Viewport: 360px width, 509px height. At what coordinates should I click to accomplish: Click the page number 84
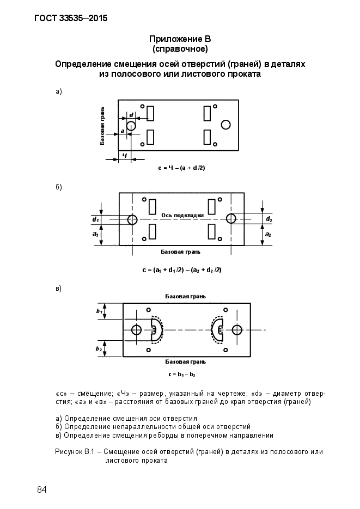[42, 489]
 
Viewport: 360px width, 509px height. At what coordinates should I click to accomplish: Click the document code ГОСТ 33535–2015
[71, 18]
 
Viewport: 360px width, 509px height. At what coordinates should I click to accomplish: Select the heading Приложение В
[180, 39]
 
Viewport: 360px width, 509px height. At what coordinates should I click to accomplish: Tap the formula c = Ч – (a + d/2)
[181, 168]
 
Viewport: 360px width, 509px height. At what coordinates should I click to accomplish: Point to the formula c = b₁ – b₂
[182, 375]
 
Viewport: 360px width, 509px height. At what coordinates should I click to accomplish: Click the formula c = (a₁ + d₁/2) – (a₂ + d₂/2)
[182, 270]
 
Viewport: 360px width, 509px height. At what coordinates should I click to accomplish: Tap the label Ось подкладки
[182, 215]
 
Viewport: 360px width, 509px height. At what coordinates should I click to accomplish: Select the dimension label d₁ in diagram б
[95, 219]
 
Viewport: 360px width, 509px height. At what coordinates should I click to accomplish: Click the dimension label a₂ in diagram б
[268, 235]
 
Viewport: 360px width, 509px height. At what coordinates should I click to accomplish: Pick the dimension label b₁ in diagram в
[99, 311]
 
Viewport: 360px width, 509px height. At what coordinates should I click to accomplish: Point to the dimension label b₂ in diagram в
[99, 348]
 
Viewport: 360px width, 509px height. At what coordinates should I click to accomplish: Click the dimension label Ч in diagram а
[125, 155]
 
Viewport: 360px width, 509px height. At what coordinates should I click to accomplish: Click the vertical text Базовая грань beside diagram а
[102, 126]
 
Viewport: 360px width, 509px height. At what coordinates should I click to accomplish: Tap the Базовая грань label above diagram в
[185, 296]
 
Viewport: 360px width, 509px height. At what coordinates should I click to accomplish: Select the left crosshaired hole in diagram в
[137, 330]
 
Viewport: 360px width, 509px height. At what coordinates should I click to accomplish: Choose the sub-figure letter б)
[58, 187]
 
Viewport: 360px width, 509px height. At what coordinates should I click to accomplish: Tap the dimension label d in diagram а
[131, 115]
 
